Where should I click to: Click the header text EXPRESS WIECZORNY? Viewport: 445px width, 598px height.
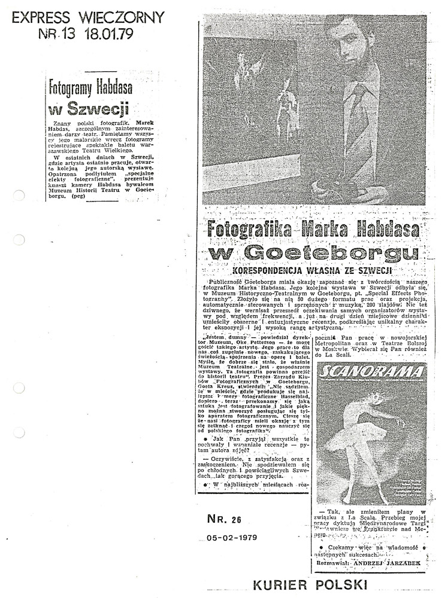pos(87,17)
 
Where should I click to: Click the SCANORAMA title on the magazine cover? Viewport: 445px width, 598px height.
pos(358,373)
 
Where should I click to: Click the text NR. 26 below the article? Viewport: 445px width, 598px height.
pos(222,518)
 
